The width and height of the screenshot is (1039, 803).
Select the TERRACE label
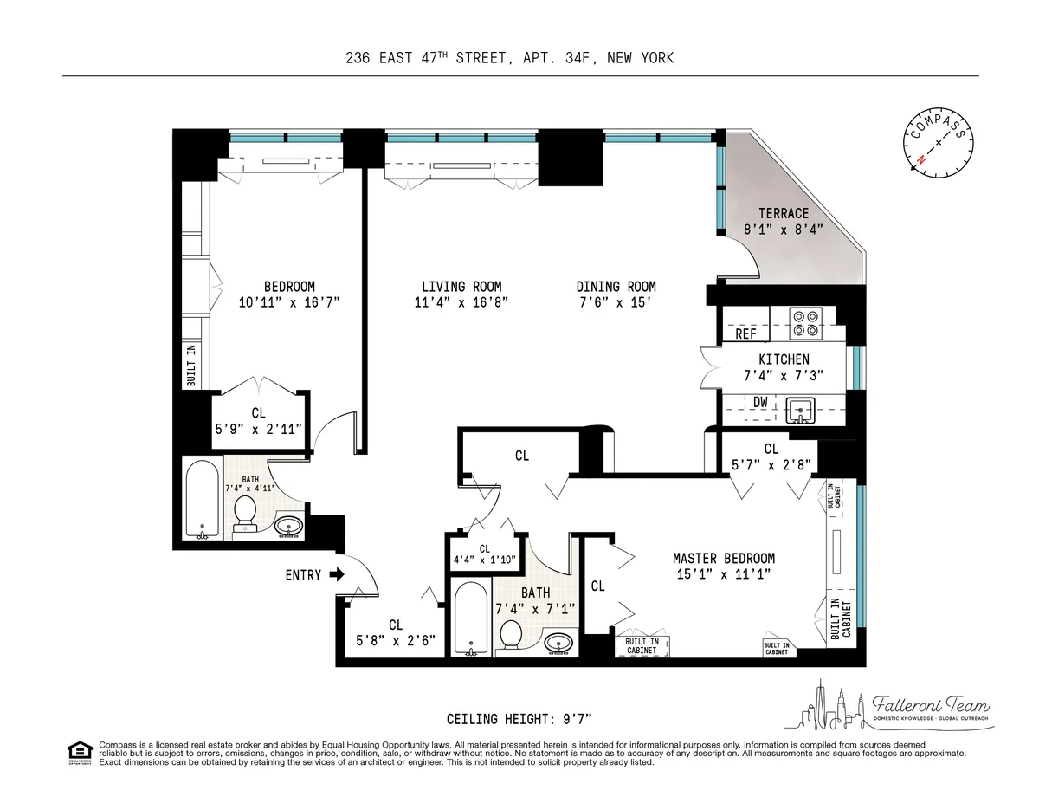784,213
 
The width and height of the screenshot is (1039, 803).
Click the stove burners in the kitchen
805,322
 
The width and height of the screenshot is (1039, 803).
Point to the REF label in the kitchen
745,334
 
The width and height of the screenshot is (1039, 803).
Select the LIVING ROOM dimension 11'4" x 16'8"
461,302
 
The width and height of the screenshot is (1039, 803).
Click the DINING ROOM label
616,287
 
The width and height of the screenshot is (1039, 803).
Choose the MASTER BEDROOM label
724,559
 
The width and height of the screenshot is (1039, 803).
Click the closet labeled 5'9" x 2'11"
258,421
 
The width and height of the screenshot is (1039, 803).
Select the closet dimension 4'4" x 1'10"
484,560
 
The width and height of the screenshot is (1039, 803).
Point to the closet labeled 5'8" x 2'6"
396,632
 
